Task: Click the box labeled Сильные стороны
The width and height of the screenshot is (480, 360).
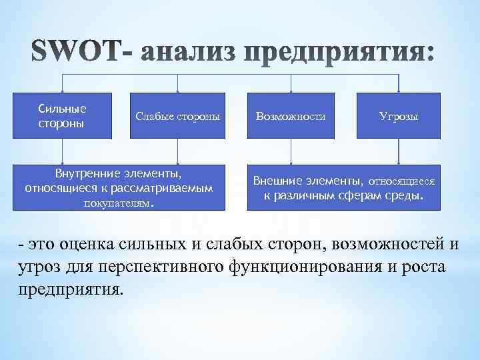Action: tap(63, 116)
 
